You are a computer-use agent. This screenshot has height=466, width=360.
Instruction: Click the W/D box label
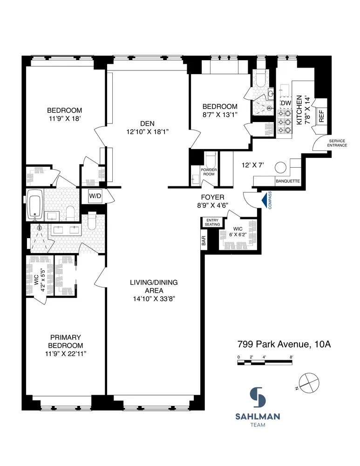[x=95, y=196]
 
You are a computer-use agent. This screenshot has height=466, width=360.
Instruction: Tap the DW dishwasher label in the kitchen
[x=285, y=103]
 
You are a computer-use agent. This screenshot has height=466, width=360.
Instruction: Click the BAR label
[x=204, y=241]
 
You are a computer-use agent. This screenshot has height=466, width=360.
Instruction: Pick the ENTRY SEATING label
[x=212, y=222]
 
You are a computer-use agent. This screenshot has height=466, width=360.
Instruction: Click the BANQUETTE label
[x=287, y=181]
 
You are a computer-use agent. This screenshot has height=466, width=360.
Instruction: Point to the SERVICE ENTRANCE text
[x=338, y=143]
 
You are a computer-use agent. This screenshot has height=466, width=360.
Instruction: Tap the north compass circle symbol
[x=308, y=384]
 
